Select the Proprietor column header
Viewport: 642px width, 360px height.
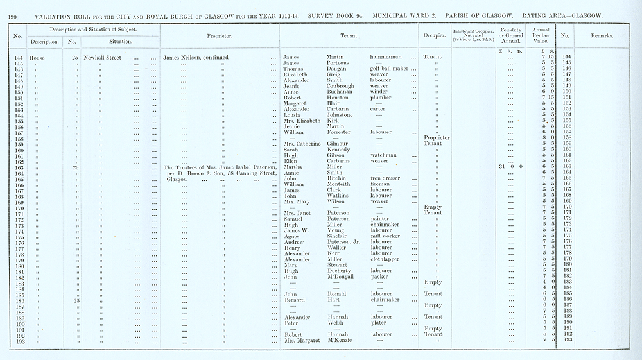coord(219,36)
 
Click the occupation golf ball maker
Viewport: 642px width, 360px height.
coord(390,69)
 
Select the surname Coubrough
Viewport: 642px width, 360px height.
coord(340,86)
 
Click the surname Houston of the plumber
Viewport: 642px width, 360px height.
coord(338,98)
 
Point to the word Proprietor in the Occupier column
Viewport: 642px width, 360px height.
coord(437,138)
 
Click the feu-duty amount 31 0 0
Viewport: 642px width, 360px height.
coord(510,167)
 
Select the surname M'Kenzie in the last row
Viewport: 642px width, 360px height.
coord(340,340)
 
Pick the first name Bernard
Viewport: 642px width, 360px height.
coord(294,300)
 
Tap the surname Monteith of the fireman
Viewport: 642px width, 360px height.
coord(340,184)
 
